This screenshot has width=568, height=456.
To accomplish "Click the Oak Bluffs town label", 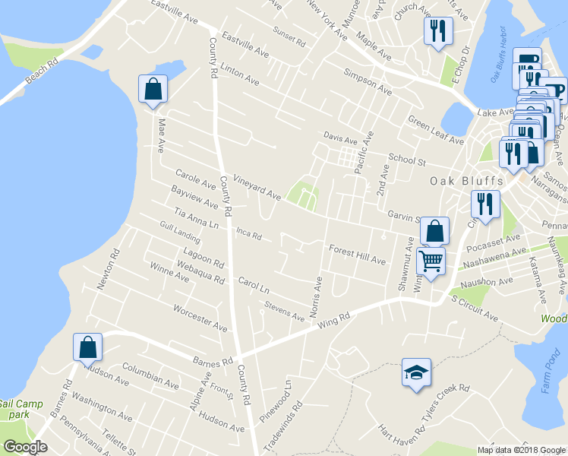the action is pos(462,181).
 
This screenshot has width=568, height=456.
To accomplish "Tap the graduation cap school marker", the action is pos(416,372).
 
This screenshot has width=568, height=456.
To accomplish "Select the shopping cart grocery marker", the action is pos(431,261).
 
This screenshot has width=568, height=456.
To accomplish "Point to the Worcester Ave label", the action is pos(200,318).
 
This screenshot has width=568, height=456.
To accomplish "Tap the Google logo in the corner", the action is pos(25,447).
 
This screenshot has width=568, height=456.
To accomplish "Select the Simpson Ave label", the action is pos(368,83).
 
